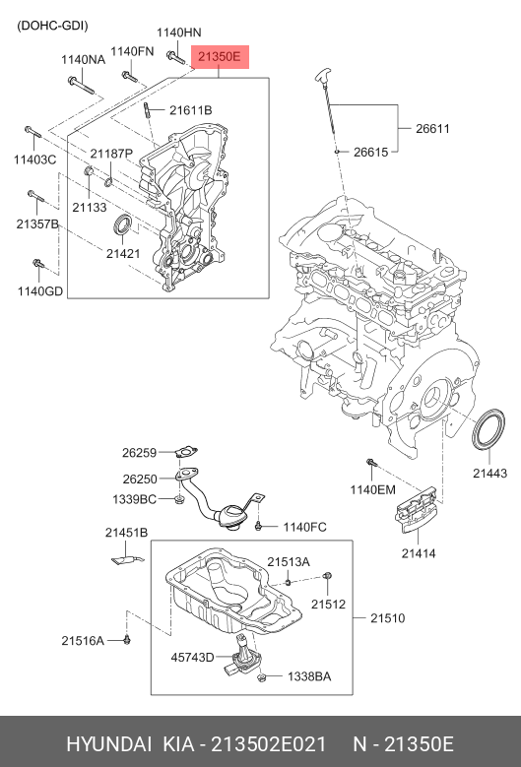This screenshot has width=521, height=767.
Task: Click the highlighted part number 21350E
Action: (219, 58)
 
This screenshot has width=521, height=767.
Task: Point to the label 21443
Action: (488, 474)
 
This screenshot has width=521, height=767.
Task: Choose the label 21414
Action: (417, 554)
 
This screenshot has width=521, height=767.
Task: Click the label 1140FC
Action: (304, 527)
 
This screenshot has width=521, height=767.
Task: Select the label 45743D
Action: (192, 657)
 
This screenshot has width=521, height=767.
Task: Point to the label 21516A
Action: (82, 640)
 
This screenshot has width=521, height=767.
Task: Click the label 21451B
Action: (126, 533)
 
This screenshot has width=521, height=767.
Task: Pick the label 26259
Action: (140, 453)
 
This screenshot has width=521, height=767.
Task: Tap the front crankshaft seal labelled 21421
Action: (123, 225)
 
